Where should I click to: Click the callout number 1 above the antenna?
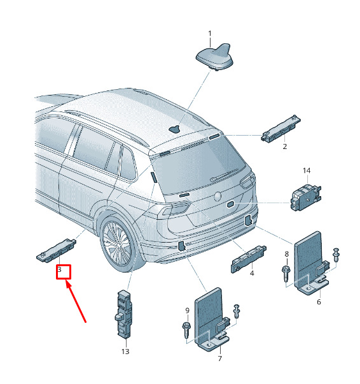(210, 34)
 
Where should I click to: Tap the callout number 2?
(285, 146)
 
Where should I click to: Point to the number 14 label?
(307, 171)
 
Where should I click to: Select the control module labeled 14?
(305, 197)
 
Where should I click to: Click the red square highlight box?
(64, 272)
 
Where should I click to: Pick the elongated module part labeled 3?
(56, 250)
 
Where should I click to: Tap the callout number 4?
(252, 273)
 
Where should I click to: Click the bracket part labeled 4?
(249, 259)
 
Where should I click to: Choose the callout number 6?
(319, 302)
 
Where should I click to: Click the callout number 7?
(219, 359)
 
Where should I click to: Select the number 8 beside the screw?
(287, 254)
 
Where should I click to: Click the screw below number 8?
(285, 274)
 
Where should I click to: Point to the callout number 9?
(187, 311)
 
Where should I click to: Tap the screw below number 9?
(186, 331)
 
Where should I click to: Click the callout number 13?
(125, 352)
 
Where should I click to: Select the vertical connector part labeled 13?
(123, 315)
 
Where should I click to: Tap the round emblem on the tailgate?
(218, 196)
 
